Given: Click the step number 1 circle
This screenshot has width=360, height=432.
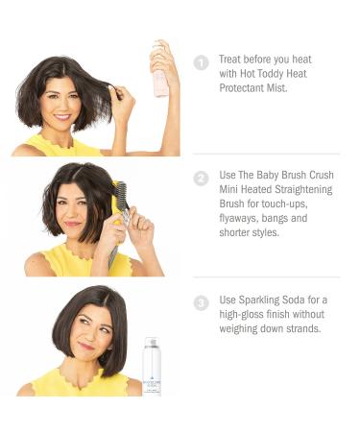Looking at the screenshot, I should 202,63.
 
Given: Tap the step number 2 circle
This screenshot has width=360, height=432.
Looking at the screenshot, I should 202,178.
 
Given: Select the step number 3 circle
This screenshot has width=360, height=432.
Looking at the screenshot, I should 202,303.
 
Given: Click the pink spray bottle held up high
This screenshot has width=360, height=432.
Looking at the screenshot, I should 160,71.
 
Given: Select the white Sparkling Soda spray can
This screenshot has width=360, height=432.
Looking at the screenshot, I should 151,366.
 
